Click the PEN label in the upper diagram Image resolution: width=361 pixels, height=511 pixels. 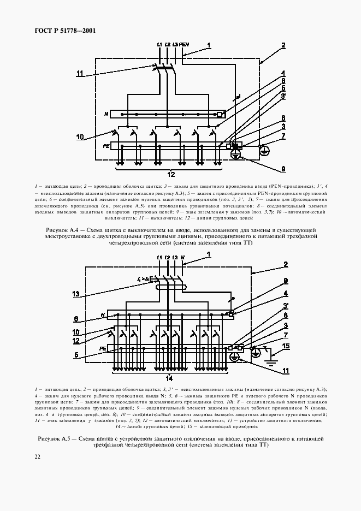point(184,44)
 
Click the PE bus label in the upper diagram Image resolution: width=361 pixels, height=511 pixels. point(106,146)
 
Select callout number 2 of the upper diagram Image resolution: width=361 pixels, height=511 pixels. point(284,46)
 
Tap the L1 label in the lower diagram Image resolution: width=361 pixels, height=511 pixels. point(159,257)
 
